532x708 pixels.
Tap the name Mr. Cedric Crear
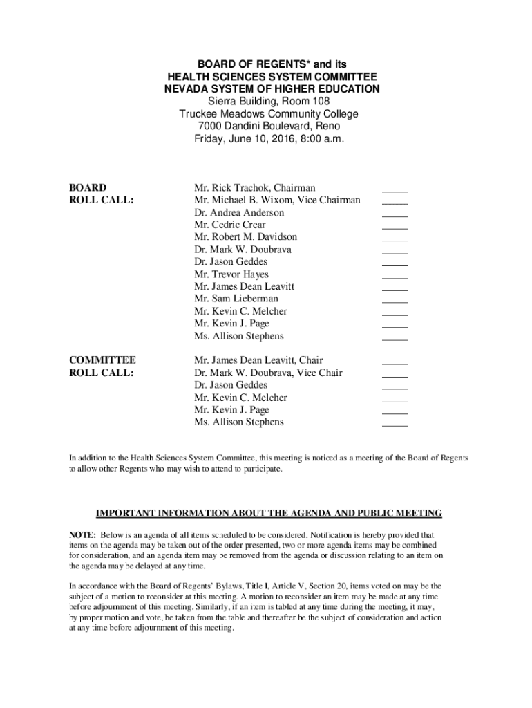[x=230, y=225]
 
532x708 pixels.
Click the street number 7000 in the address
[x=210, y=127]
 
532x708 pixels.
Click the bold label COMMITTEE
[x=102, y=360]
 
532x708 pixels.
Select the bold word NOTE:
[x=82, y=535]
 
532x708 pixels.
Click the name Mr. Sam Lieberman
[x=236, y=299]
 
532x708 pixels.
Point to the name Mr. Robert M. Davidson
[x=246, y=237]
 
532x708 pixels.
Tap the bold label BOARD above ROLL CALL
[x=88, y=188]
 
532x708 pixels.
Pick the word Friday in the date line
[x=209, y=139]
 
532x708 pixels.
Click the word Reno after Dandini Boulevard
[x=327, y=127]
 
